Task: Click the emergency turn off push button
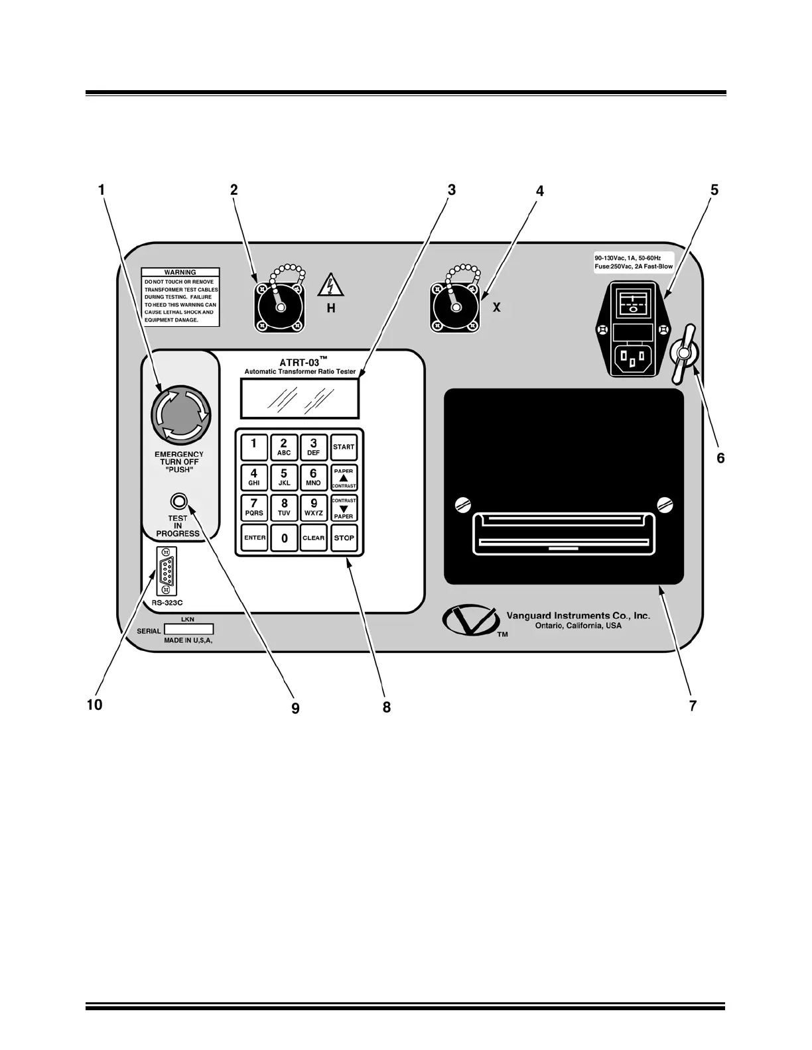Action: (181, 416)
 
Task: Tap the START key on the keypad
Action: (344, 447)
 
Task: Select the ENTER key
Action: (254, 538)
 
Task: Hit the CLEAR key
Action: (314, 538)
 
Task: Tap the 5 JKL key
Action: (284, 477)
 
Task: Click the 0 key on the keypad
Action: (284, 538)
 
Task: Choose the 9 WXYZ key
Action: (314, 507)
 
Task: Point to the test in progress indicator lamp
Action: (178, 500)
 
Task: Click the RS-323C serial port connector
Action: (166, 571)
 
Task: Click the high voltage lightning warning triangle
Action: (330, 286)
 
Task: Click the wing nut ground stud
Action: (683, 353)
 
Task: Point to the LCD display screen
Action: (300, 399)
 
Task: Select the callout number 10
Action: (95, 705)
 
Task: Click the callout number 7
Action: (693, 706)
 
